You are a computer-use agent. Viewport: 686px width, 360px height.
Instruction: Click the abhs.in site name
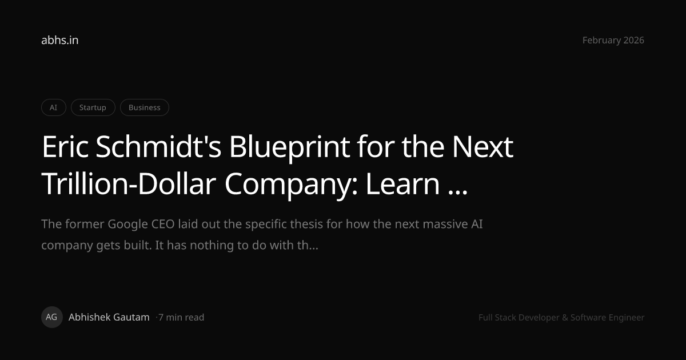click(x=59, y=40)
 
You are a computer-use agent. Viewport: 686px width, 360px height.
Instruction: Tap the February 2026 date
click(x=613, y=40)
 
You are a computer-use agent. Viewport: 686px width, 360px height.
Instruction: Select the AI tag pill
click(x=54, y=107)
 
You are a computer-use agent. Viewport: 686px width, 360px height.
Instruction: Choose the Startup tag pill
click(x=93, y=107)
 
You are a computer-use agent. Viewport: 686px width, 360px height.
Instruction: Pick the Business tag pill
click(x=144, y=107)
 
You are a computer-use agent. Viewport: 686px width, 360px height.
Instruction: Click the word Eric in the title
click(x=65, y=147)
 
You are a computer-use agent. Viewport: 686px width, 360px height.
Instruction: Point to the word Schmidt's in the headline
click(x=158, y=147)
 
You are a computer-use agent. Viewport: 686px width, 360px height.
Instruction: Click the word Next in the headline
click(x=482, y=147)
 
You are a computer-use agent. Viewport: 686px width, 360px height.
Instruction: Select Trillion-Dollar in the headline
click(x=129, y=183)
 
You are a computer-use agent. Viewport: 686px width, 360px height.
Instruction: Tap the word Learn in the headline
click(x=402, y=183)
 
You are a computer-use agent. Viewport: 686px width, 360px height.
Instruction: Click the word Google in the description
click(x=127, y=225)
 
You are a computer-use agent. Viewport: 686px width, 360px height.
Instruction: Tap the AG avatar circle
click(x=52, y=317)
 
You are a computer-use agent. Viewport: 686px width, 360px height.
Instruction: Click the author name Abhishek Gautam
click(x=109, y=317)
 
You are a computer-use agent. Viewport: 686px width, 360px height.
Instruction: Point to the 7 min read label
click(x=181, y=318)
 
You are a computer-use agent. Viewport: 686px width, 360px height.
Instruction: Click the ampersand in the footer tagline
click(x=565, y=318)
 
